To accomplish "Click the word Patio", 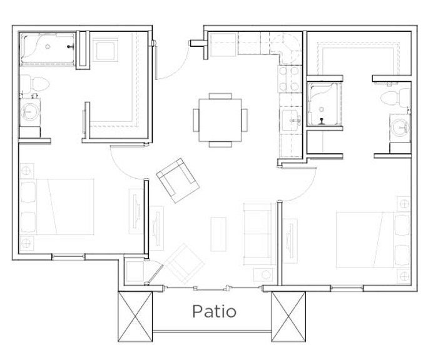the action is coord(214,311).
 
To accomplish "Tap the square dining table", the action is coord(220,120).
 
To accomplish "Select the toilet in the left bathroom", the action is coord(34,84).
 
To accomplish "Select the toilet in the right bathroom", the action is coord(395,97).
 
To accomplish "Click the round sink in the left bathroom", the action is coord(29,112).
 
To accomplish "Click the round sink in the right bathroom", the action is coord(400,127).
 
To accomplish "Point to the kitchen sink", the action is coord(291,120).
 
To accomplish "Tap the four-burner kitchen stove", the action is coord(289,79).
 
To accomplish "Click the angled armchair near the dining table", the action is coord(178,180).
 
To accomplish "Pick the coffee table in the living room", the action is coord(218,234).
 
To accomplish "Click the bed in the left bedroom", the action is coord(58,207).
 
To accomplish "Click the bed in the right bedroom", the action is coord(373,240).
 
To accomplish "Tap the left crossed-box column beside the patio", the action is coord(135,316).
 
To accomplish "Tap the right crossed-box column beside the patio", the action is coord(288,316).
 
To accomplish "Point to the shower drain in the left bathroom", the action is coord(48,47).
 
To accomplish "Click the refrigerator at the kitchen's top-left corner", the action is coord(223,45).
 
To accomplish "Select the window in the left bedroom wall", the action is coord(68,256).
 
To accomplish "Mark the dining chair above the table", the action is coord(220,96).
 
